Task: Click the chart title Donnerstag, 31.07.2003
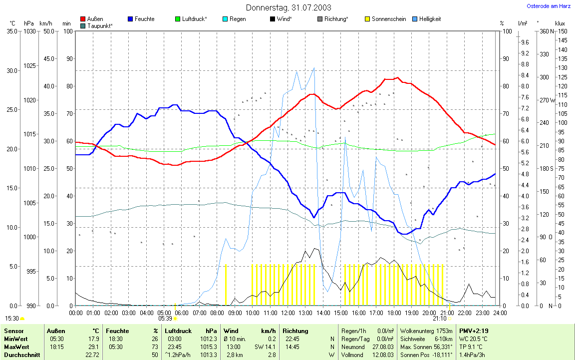tap(288, 7)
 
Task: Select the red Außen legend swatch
tap(83, 19)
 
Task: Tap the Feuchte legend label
tap(144, 19)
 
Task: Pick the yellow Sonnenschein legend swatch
tap(368, 19)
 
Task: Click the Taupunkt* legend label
tap(100, 25)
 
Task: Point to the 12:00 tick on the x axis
tap(288, 313)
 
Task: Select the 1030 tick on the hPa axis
tap(29, 31)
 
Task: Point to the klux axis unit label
tap(560, 23)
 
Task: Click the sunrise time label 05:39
tap(165, 318)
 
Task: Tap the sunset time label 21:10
tap(439, 318)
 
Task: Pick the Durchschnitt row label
tap(20, 355)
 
